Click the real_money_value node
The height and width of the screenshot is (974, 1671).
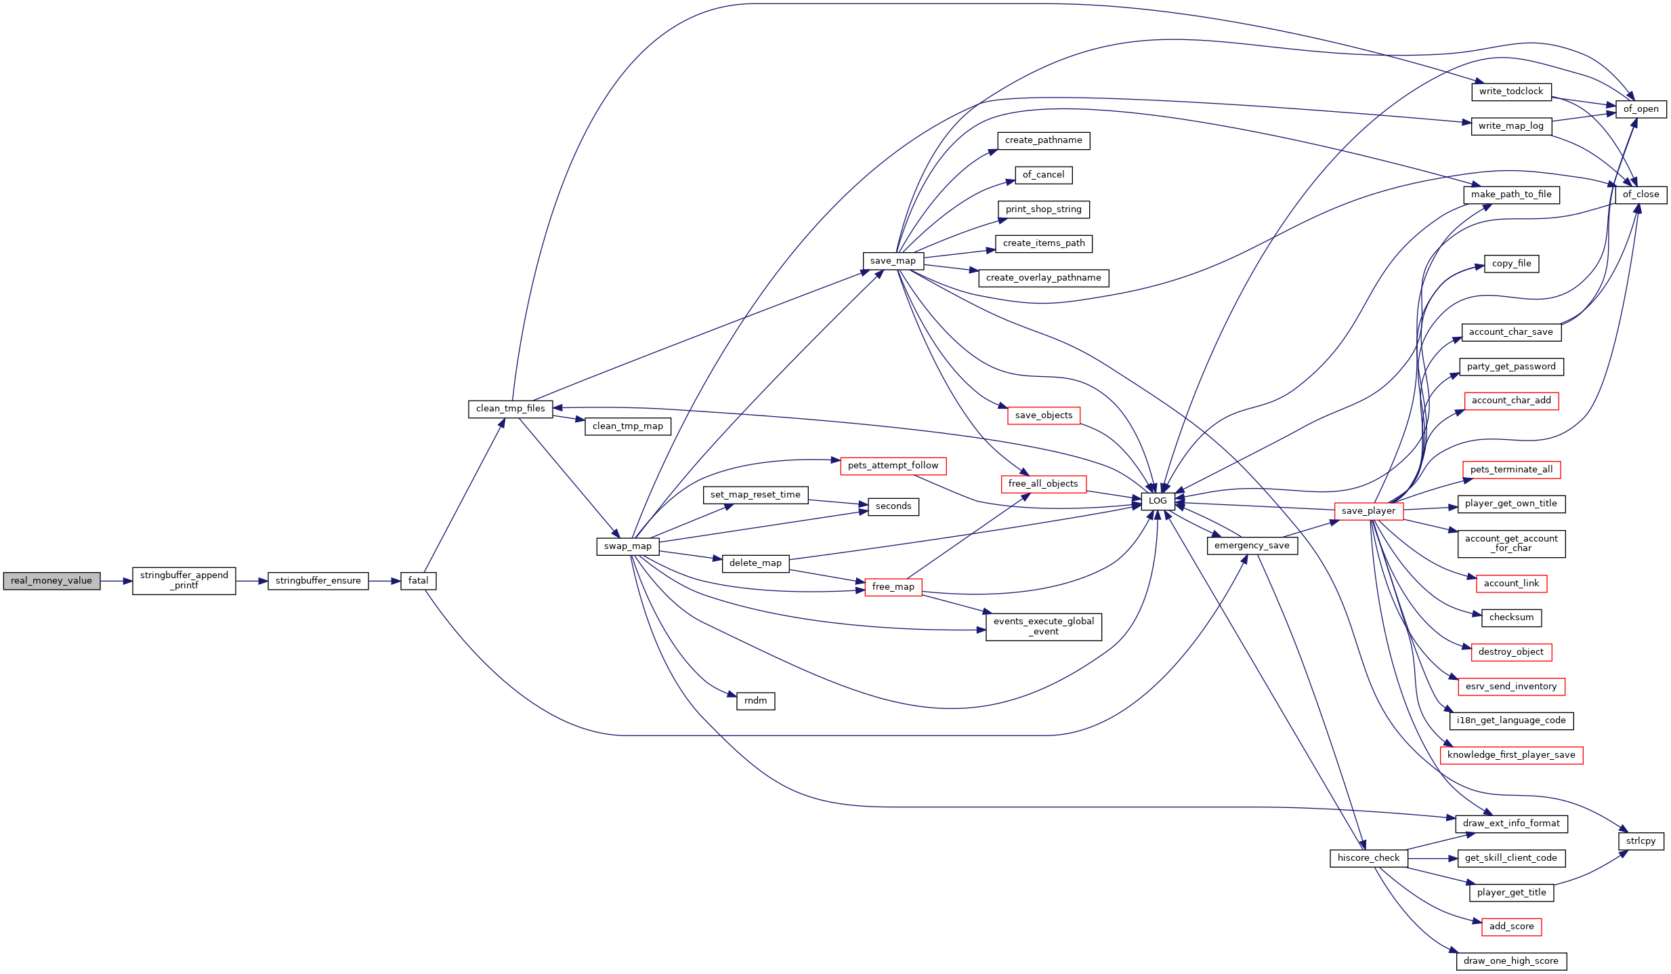click(x=51, y=581)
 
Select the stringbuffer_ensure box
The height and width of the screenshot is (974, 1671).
click(x=318, y=581)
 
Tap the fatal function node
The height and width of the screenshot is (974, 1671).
click(x=418, y=581)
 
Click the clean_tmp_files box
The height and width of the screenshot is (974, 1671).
click(x=511, y=409)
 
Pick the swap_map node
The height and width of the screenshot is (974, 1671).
click(x=628, y=546)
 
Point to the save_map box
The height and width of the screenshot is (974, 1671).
click(x=893, y=261)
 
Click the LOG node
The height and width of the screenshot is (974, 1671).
click(x=1158, y=502)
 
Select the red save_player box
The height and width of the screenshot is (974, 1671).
click(x=1368, y=511)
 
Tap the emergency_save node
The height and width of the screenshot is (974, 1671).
click(x=1252, y=546)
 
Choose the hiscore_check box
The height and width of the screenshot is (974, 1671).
click(x=1368, y=858)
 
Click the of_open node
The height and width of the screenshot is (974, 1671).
click(x=1641, y=109)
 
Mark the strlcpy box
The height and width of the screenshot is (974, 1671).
click(x=1641, y=841)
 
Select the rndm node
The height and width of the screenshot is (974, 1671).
click(x=755, y=701)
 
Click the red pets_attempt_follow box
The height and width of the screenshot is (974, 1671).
click(x=893, y=466)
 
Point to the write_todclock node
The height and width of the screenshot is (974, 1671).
click(x=1511, y=92)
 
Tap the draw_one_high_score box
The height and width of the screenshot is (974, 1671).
click(x=1511, y=961)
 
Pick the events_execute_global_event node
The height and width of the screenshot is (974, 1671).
click(x=1044, y=627)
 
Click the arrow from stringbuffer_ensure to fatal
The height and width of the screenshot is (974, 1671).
click(x=385, y=581)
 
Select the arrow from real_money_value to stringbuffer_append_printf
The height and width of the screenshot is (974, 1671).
click(x=117, y=581)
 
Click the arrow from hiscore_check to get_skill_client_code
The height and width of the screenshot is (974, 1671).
click(x=1433, y=858)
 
